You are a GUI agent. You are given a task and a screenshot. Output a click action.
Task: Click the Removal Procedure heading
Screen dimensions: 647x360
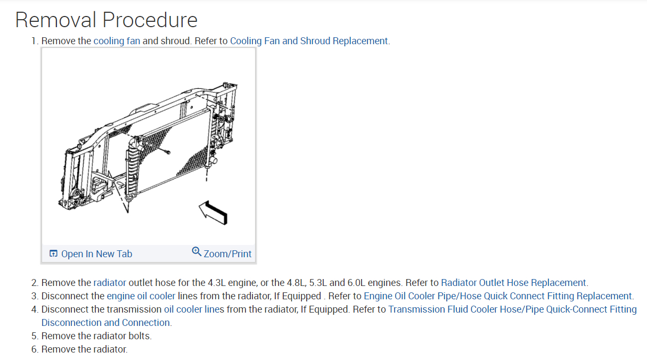click(106, 20)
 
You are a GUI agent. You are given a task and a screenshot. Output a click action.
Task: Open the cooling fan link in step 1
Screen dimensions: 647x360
click(117, 41)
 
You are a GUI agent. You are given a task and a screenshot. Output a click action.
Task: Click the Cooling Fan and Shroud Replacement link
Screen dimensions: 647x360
click(309, 41)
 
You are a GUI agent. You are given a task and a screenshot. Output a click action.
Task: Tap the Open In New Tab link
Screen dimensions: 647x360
click(96, 254)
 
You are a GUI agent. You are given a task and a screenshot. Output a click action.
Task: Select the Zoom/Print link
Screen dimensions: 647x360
click(227, 254)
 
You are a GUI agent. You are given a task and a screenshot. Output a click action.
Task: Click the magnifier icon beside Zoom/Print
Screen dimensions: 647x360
click(196, 251)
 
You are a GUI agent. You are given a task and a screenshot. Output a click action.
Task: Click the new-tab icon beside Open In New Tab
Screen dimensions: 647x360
click(53, 254)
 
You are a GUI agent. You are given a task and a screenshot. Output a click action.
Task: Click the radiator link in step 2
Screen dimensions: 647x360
click(110, 283)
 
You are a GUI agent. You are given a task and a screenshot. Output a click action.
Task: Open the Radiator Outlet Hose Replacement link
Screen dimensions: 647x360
click(513, 283)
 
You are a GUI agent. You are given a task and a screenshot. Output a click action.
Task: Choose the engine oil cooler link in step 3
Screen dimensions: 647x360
click(141, 296)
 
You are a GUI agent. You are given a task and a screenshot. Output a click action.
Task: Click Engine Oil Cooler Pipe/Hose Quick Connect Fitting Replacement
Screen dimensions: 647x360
click(498, 296)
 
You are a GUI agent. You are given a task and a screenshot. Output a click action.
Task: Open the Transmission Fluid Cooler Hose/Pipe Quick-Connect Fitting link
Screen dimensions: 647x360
click(512, 309)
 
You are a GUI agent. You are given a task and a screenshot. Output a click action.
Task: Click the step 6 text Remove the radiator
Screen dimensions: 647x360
click(84, 349)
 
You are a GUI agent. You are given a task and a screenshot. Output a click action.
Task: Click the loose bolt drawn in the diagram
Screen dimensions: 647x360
click(167, 152)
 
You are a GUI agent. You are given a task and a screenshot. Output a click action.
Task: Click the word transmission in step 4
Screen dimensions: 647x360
click(136, 309)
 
